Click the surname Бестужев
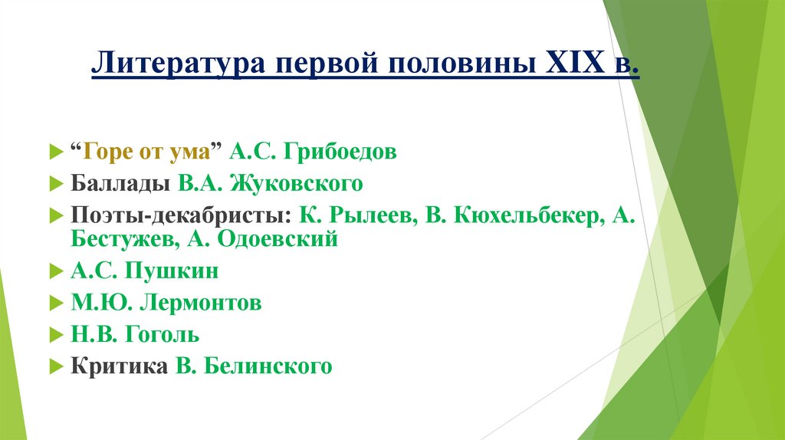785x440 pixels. pyautogui.click(x=122, y=238)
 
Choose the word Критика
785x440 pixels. pyautogui.click(x=119, y=366)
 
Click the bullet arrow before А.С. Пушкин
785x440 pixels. pyautogui.click(x=54, y=272)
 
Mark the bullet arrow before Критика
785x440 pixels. pyautogui.click(x=54, y=367)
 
